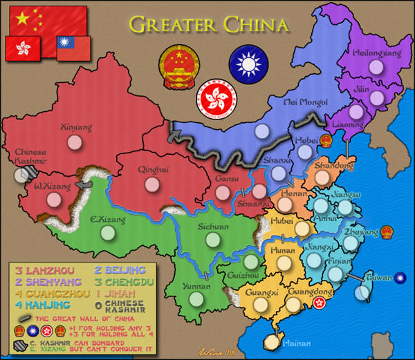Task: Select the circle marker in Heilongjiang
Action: [376, 68]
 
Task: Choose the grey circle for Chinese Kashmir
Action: [21, 175]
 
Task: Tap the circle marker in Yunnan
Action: [196, 299]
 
